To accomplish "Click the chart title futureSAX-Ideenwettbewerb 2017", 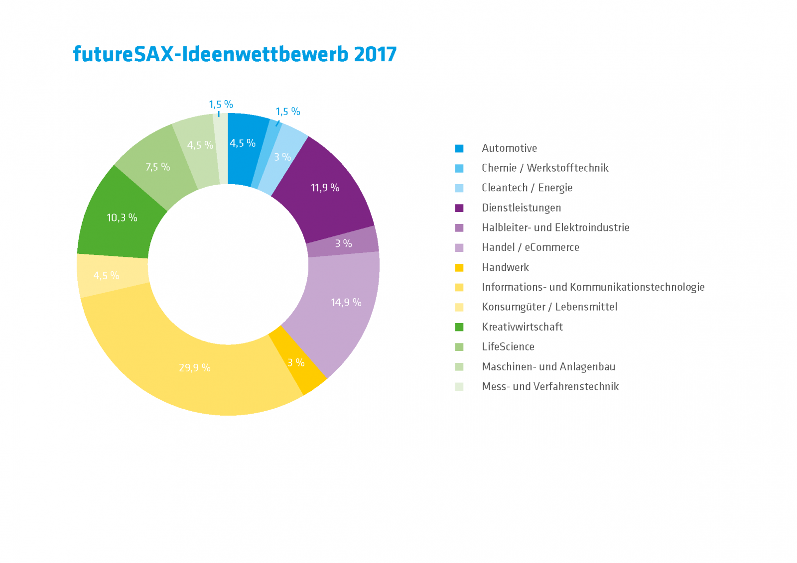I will point(235,54).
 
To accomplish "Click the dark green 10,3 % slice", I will point(122,218).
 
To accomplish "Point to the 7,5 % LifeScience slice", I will point(158,167).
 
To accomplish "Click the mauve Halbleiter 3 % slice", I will point(343,243).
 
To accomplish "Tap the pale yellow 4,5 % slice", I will point(106,275).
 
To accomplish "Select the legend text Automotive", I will point(509,148).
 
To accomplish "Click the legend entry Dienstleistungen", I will point(521,208).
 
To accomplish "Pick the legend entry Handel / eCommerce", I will point(530,247).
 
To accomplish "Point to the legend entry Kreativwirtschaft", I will point(522,327).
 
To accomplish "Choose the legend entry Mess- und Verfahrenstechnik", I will point(550,387).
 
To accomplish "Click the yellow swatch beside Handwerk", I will point(459,268).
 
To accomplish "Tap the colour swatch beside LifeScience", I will point(459,347).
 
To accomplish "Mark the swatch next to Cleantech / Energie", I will point(459,188).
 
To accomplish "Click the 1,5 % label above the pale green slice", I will point(221,105).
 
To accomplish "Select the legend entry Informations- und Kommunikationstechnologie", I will point(593,287).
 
